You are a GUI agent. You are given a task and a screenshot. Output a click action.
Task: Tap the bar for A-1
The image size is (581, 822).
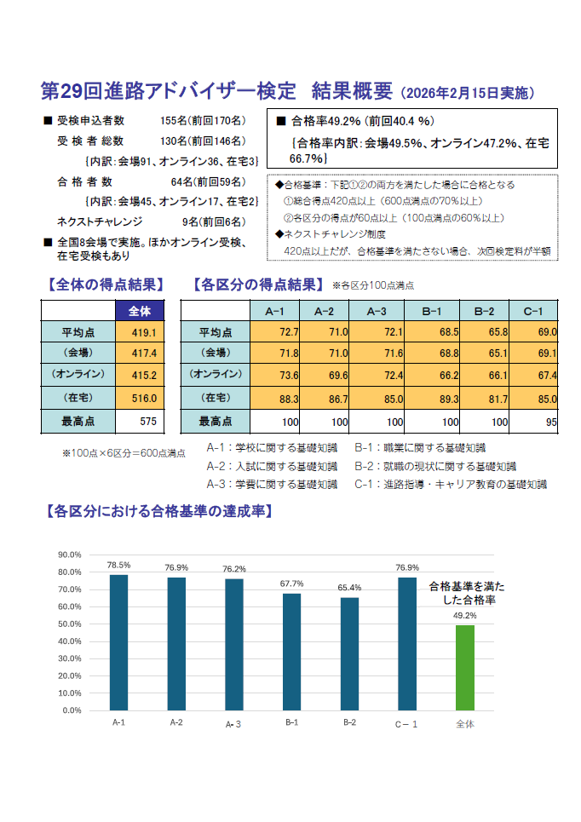[x=118, y=642]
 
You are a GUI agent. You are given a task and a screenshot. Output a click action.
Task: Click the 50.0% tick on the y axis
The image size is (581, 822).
[x=69, y=624]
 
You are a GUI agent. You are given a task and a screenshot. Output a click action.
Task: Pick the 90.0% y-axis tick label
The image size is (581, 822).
[x=69, y=555]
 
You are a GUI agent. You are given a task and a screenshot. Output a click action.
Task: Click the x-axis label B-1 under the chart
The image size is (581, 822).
[x=292, y=722]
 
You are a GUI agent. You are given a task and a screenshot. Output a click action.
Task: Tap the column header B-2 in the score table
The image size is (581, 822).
[x=484, y=311]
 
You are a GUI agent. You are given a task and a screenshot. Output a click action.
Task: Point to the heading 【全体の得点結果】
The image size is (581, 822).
[x=102, y=285]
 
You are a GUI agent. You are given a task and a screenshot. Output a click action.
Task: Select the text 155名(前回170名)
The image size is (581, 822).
[x=202, y=120]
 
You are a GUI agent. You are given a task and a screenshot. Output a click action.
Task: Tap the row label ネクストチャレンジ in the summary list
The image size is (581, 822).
[x=96, y=221]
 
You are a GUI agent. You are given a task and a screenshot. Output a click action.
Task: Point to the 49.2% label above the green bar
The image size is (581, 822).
[x=464, y=615]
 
